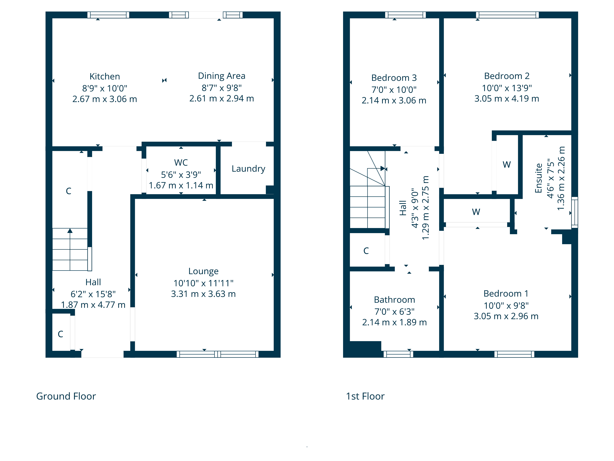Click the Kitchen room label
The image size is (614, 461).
(x=105, y=76)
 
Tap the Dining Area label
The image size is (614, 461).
(x=222, y=76)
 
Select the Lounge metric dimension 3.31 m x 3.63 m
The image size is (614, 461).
(x=203, y=294)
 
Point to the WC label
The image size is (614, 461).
(x=181, y=163)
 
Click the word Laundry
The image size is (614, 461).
(x=248, y=169)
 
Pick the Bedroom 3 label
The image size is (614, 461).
(x=394, y=78)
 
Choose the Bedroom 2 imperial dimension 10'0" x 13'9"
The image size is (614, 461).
(x=507, y=88)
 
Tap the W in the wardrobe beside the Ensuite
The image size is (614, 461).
(x=507, y=165)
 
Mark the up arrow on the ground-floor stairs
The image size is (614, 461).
(x=70, y=231)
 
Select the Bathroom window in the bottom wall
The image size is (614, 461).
(x=398, y=354)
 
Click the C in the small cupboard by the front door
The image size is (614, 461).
(x=60, y=334)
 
